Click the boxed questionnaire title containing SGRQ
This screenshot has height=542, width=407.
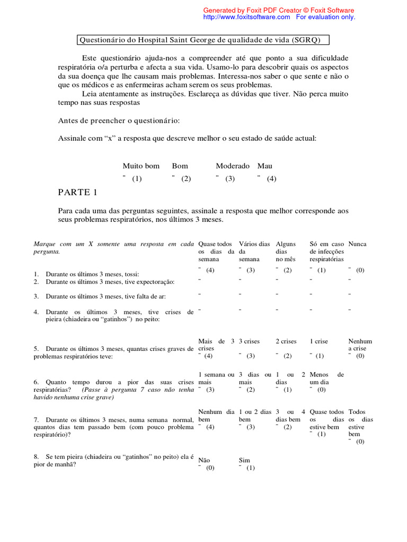click(x=202, y=40)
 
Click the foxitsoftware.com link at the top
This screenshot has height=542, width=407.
click(x=246, y=17)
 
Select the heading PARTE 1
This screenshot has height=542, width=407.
click(x=77, y=193)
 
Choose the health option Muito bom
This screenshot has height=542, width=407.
click(x=141, y=166)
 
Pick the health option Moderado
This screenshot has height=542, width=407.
click(x=233, y=166)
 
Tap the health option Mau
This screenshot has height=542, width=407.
click(x=265, y=166)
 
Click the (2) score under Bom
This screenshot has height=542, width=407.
click(x=185, y=179)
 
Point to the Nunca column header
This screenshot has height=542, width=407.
click(x=357, y=244)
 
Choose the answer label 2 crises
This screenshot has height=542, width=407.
click(x=286, y=341)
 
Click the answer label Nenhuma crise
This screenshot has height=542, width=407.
click(x=360, y=345)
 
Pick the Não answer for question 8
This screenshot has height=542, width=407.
click(x=204, y=460)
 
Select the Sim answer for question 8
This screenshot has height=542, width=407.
click(x=244, y=460)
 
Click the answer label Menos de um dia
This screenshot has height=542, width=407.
click(x=326, y=378)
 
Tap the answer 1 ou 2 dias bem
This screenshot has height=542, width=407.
click(x=255, y=415)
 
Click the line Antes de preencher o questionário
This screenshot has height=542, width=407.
click(x=119, y=121)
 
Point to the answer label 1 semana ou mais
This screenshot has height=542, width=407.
click(x=216, y=378)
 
